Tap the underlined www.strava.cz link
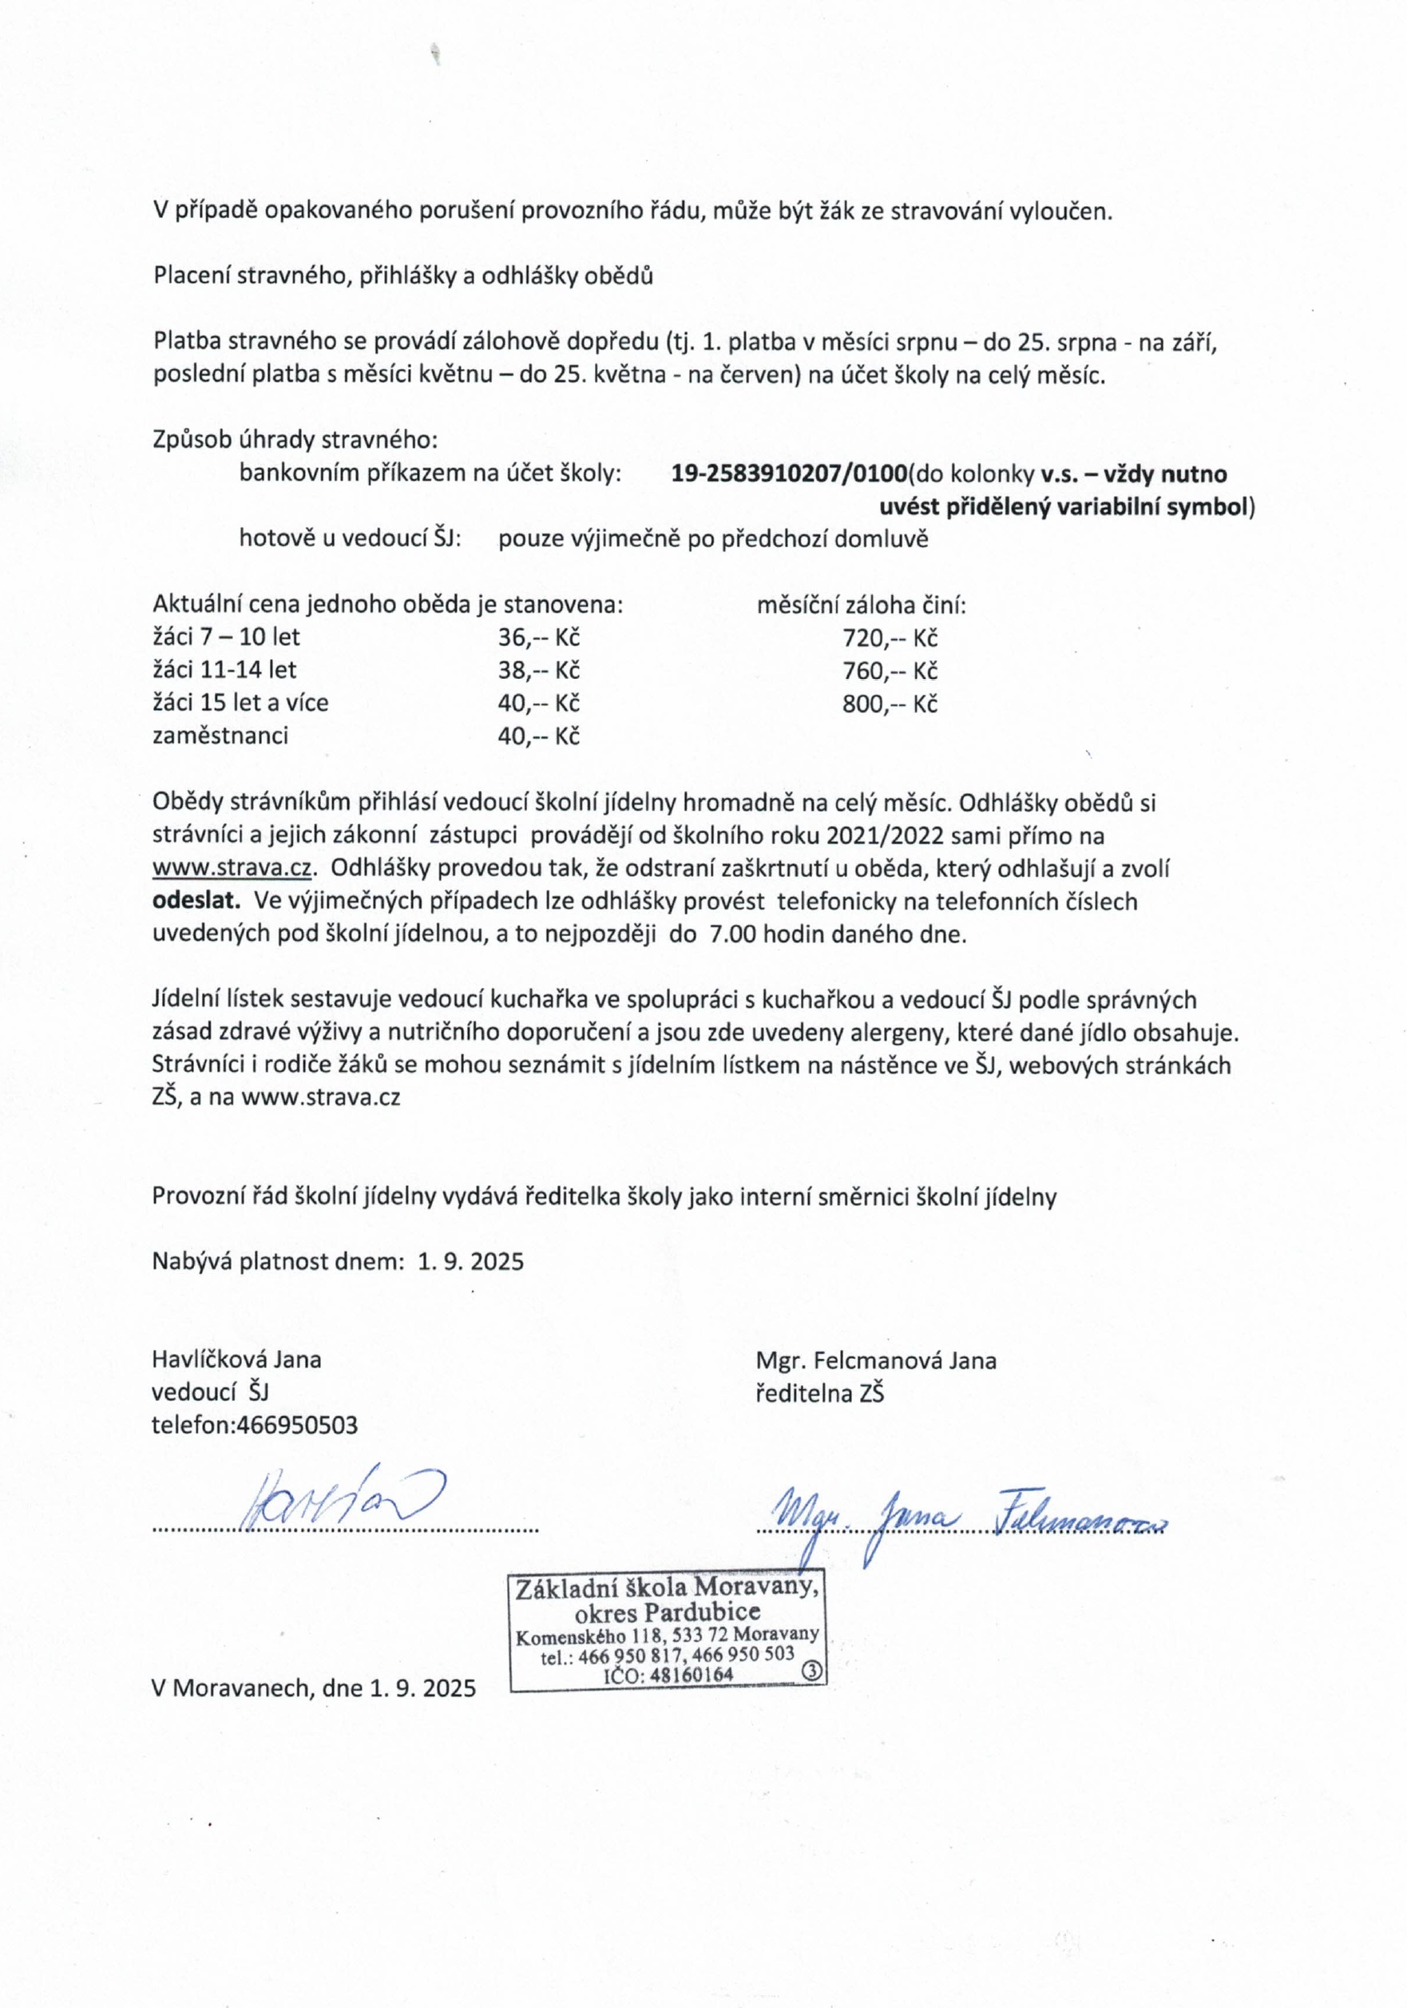[x=233, y=868]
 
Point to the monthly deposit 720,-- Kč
[x=890, y=637]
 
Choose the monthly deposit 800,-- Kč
[x=890, y=703]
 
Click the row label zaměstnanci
[x=220, y=736]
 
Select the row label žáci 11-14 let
[x=224, y=670]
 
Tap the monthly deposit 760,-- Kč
[x=890, y=671]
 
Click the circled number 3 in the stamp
[x=811, y=1669]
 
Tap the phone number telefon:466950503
[x=255, y=1426]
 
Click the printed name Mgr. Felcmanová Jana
[x=876, y=1361]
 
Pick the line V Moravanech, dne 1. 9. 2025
[x=314, y=1688]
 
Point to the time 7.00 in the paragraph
[x=733, y=934]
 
